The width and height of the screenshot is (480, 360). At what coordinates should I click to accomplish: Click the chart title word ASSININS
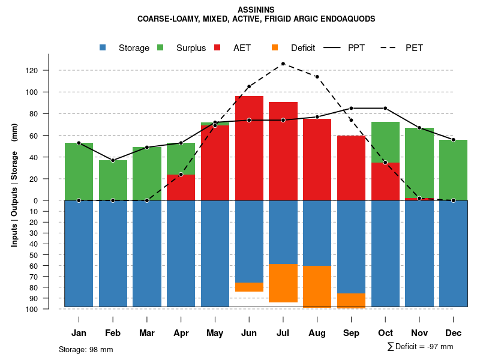tap(256, 10)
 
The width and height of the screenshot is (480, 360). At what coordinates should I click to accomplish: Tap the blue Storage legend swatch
tap(103, 47)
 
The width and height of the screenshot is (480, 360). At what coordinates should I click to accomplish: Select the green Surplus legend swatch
tap(160, 47)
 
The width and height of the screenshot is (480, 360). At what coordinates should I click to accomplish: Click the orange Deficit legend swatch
tap(275, 47)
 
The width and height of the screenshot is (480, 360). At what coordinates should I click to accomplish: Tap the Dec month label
tap(454, 333)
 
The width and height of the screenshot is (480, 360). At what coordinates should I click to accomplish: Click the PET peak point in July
tap(283, 64)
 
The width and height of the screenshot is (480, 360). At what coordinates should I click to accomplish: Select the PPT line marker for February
tap(113, 160)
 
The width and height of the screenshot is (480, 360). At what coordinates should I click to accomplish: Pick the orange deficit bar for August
tap(317, 286)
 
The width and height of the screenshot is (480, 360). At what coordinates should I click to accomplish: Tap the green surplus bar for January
tap(79, 172)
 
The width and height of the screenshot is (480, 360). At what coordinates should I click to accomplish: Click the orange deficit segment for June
tap(249, 287)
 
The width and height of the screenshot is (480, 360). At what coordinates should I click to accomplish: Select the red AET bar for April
tap(181, 187)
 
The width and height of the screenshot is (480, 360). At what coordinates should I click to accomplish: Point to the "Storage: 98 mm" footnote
tap(86, 349)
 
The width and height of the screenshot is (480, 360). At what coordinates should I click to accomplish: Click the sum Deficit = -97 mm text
tap(421, 346)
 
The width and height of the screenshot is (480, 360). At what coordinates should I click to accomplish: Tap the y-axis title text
tap(14, 190)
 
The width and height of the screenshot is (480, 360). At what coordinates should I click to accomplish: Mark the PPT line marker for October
tap(385, 108)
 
